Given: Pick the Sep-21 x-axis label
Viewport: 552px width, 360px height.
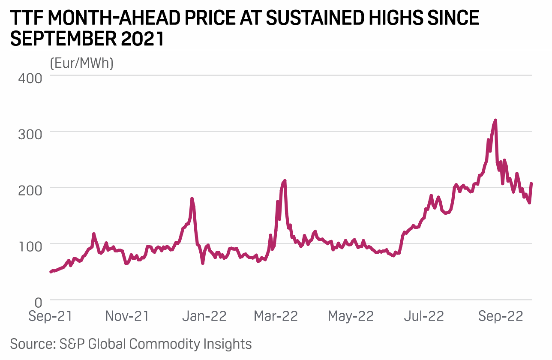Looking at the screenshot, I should [51, 317].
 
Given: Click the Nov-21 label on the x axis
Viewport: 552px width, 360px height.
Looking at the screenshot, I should [127, 317].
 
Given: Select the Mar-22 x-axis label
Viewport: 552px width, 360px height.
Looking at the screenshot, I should [276, 317].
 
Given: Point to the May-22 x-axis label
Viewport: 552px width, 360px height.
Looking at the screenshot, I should [351, 317].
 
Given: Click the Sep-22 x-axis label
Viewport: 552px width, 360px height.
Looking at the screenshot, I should [501, 317].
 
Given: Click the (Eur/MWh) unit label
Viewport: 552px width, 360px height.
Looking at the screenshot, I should [81, 63].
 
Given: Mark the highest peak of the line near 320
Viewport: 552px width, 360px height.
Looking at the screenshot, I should [495, 120].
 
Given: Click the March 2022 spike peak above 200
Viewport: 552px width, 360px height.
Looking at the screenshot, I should [285, 181].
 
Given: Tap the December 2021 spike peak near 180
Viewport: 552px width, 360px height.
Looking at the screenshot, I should [192, 198].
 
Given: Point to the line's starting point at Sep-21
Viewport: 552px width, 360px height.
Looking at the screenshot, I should [51, 272].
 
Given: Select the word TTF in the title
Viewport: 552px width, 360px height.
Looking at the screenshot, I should [27, 18].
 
